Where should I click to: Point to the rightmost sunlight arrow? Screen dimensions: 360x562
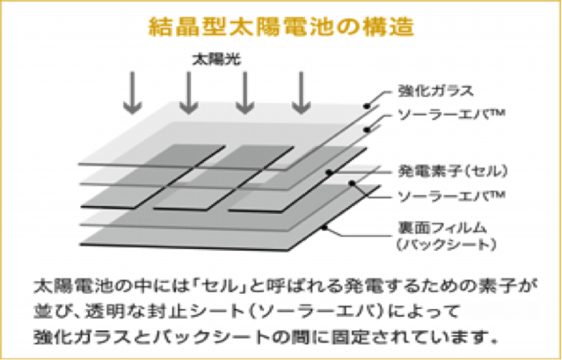tap(301, 92)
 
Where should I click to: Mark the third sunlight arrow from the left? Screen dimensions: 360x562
tap(245, 92)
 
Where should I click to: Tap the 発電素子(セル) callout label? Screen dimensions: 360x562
tap(442, 169)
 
